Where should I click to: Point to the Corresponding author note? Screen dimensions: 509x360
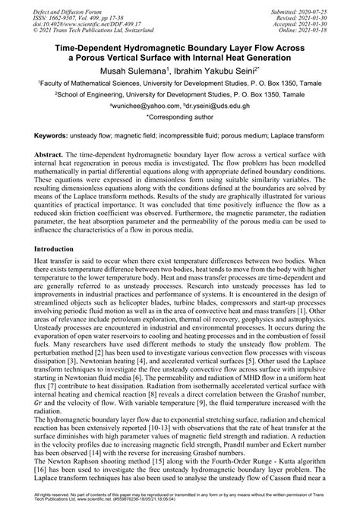coord(179,119)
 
